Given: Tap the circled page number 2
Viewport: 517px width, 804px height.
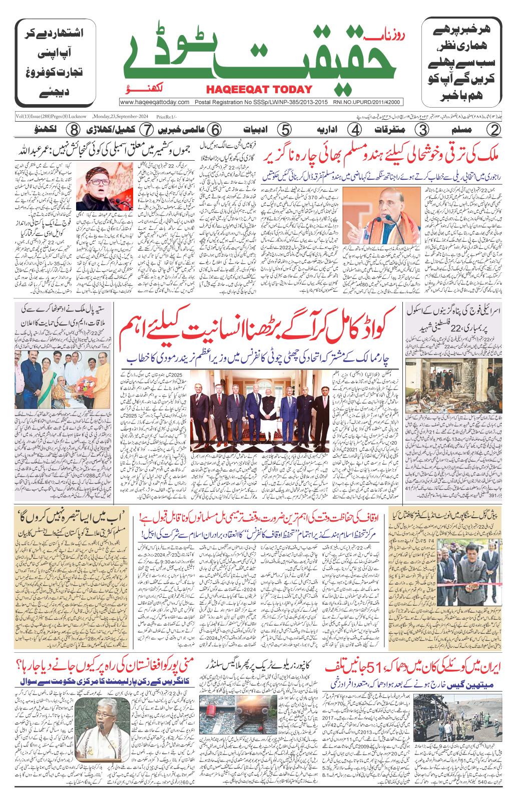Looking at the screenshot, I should pos(494,130).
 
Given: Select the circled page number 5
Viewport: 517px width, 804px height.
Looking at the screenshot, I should pos(284,130).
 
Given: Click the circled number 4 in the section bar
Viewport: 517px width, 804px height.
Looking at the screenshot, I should pos(355,130).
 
